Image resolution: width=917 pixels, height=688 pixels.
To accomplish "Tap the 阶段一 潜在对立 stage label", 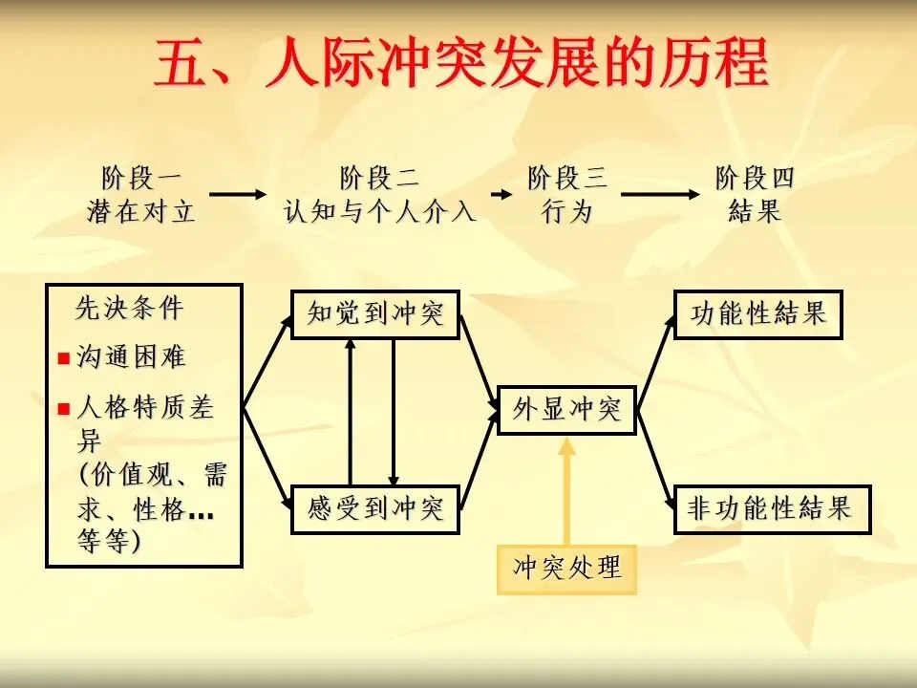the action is coord(141,195).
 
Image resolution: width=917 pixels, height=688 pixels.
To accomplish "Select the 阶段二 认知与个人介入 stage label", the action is coord(379,195).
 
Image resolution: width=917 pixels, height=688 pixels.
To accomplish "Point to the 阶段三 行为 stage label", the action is coord(567,195).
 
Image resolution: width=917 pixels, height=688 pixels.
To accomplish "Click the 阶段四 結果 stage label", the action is coord(755,195).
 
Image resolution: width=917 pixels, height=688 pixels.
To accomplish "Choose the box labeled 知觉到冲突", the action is coord(375,314).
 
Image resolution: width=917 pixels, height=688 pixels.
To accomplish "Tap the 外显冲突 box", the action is coord(567,411).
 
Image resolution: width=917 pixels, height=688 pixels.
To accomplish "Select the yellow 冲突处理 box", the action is coord(567,570).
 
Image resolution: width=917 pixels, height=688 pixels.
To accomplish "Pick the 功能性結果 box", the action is coord(758,314).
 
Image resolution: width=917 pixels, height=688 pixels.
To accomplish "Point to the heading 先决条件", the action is coord(130,309).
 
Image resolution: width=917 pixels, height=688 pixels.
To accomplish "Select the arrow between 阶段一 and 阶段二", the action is coord(238,195).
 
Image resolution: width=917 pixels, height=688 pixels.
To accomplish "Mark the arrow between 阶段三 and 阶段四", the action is coord(660,195).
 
